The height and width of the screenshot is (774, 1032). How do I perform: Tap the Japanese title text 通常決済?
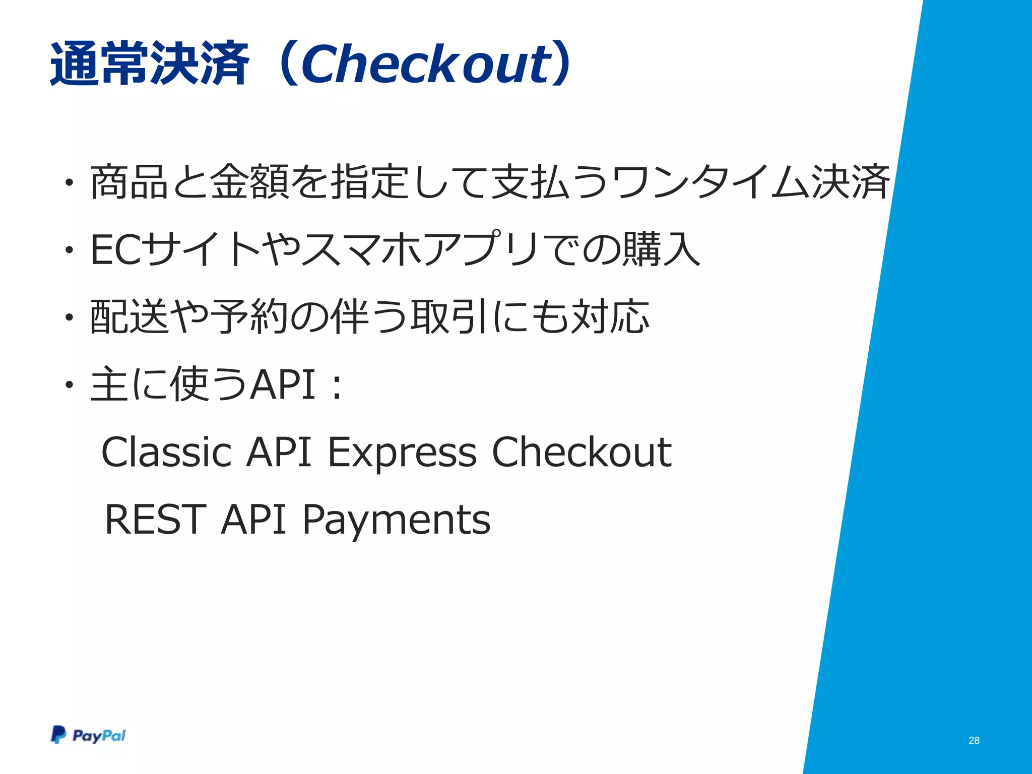coord(150,64)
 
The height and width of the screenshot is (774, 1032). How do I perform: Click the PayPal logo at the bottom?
coord(88,735)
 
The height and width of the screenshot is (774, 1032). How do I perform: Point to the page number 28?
coord(974,740)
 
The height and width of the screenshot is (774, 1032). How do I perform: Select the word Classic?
coord(166,451)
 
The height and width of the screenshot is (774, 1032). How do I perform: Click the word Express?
coord(402,453)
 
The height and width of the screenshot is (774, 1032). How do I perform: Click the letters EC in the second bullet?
coord(115,249)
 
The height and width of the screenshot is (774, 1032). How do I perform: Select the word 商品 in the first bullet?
coord(129,182)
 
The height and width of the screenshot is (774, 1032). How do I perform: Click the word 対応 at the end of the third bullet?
coord(609,316)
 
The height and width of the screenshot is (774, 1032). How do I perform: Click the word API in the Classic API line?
coord(279,451)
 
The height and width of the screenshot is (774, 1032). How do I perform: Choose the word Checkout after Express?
coord(581,451)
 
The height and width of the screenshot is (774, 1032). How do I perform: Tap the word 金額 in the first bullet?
coord(249,182)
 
